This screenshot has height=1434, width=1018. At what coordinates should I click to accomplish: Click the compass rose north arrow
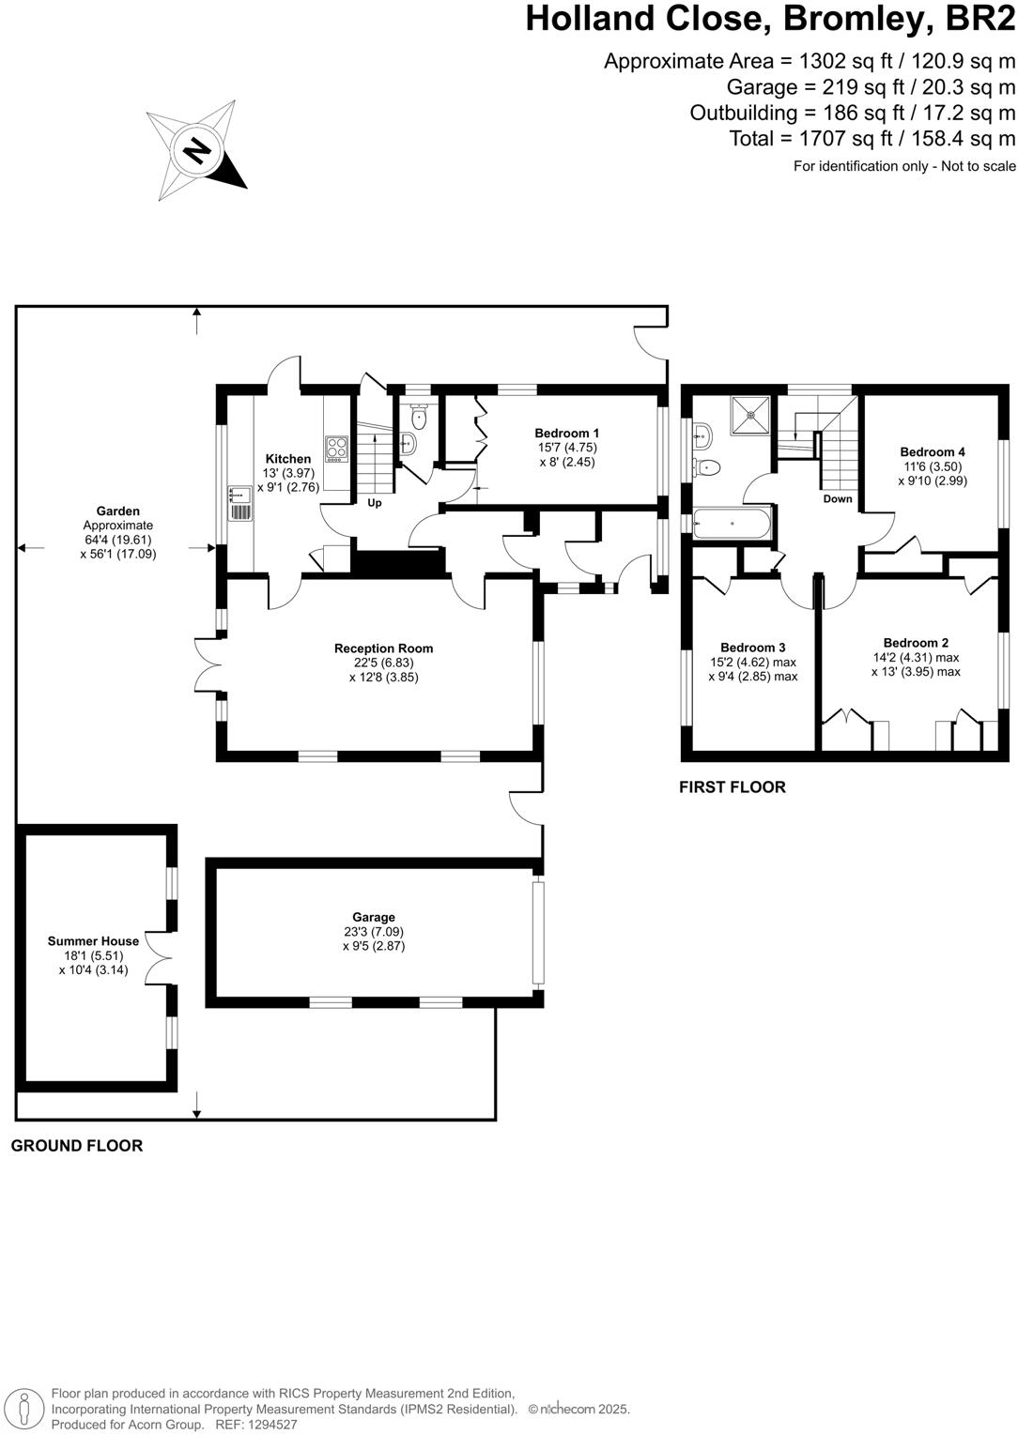[x=196, y=150]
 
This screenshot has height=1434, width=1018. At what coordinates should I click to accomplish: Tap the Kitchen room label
[x=287, y=459]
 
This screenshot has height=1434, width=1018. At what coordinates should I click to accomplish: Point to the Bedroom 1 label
[x=567, y=433]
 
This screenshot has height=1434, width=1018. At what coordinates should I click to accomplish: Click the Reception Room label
[x=383, y=648]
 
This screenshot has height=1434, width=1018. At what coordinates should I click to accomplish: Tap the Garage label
[x=374, y=917]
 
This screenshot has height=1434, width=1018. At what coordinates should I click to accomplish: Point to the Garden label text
[x=118, y=511]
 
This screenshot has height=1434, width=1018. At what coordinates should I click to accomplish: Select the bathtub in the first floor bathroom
[x=732, y=523]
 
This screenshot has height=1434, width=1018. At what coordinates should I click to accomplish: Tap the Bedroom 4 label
[x=932, y=451]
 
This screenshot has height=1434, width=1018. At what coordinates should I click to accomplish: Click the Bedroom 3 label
[x=752, y=648]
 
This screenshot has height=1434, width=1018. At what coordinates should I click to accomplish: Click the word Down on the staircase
[x=837, y=498]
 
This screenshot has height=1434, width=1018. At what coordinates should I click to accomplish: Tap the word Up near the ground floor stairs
[x=374, y=502]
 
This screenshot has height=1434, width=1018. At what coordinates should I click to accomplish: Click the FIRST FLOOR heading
[x=732, y=787]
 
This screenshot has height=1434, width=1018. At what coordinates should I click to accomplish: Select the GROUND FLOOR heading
[x=77, y=1145]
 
